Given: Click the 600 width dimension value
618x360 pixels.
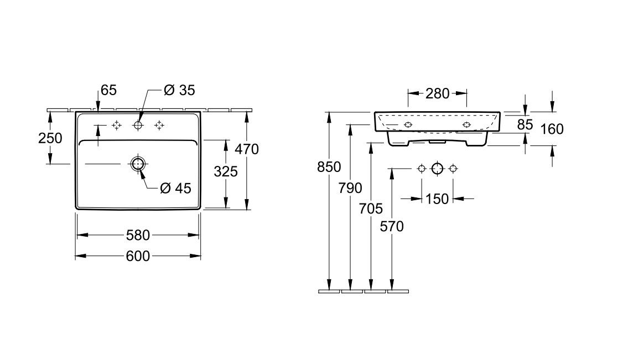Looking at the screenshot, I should coord(138,256).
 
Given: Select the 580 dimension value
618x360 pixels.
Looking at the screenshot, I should coord(138,236).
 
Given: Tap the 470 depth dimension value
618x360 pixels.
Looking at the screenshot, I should coord(247,149).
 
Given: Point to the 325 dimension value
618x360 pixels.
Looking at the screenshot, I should coord(226,171).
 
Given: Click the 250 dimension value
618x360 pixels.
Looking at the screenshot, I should coord(50,139).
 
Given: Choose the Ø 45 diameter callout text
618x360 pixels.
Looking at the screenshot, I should coord(175,188).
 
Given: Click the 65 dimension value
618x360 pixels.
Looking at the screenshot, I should coord(108,90).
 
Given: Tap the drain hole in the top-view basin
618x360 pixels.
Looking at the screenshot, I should coord(138,164).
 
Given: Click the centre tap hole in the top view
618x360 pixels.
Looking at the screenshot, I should coord(138,126).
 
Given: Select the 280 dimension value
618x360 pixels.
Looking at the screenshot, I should coord(437,93).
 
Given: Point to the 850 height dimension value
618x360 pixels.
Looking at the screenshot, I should coord(330,166).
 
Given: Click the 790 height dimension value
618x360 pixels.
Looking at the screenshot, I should coord(351,187).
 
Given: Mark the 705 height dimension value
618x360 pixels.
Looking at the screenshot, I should coord(371,208).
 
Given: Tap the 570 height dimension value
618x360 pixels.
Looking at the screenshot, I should coord(392,226).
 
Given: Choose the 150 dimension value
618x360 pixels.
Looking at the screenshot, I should coord(437,199).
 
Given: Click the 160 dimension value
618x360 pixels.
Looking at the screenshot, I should coord(552,129).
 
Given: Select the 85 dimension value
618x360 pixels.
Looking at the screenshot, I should coord(525,125).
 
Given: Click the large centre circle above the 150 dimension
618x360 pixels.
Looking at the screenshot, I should coord(437,168).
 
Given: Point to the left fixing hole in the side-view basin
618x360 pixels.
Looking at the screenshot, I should coord(408,124).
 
